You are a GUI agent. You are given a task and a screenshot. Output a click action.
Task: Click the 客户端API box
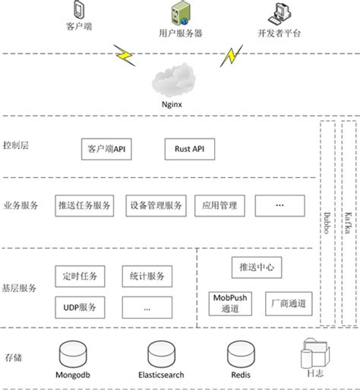click(106, 148)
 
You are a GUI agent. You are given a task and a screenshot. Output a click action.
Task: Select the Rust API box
click(189, 148)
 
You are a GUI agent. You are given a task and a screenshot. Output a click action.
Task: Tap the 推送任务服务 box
click(85, 205)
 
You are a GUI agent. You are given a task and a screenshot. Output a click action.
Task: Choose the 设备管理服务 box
click(156, 205)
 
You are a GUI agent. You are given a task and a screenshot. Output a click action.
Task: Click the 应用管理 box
click(219, 205)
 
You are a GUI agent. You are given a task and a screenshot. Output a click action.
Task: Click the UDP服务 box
click(81, 306)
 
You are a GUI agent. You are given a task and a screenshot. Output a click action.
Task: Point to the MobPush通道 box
click(229, 303)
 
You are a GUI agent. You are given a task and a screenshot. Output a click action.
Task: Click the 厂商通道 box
click(289, 303)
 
